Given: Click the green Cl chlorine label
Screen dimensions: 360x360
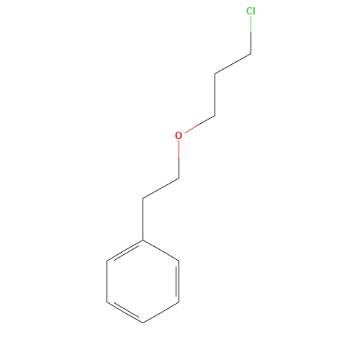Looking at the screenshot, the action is click(251, 11).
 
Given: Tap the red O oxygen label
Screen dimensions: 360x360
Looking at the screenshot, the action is click(179, 135).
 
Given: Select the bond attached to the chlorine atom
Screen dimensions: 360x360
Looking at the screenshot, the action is click(251, 35).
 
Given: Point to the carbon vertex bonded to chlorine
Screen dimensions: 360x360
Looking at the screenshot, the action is click(251, 53).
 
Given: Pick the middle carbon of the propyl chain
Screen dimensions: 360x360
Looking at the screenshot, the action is click(215, 73).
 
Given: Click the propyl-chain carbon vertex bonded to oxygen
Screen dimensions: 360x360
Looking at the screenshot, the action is click(215, 116).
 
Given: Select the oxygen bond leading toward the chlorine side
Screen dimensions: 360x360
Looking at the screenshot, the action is click(200, 124).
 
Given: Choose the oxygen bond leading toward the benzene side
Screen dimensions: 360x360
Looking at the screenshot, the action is click(179, 159).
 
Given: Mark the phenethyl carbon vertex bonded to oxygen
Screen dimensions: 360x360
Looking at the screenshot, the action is click(179, 178).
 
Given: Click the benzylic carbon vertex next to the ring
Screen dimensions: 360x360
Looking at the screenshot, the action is click(143, 199).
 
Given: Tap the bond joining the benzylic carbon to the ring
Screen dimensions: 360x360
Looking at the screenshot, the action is click(143, 219).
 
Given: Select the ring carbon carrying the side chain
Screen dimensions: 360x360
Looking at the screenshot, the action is click(143, 240).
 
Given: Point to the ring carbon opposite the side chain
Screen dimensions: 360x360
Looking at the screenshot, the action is click(143, 323).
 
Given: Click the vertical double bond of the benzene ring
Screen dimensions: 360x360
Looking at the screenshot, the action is click(178, 282).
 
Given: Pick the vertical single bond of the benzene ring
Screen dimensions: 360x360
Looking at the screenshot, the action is click(107, 282).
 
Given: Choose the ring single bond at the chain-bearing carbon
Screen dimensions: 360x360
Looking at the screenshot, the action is click(161, 251).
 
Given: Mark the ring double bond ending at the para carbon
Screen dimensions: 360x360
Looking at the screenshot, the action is click(125, 312).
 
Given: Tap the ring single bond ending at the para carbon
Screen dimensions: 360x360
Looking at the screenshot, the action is click(161, 312).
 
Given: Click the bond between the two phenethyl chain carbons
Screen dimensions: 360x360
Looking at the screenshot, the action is click(161, 189).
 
